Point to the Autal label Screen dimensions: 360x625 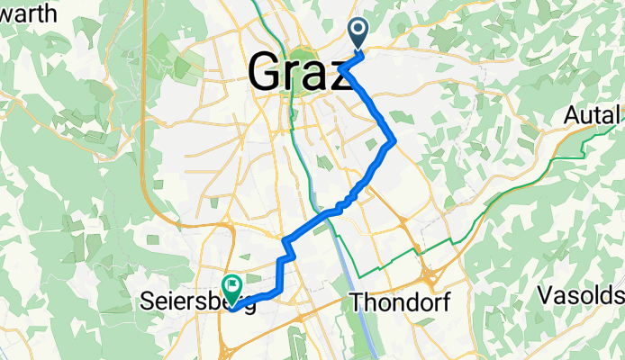point(593,115)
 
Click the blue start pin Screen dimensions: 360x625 point(358,34)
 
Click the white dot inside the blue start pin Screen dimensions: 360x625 point(358,31)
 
